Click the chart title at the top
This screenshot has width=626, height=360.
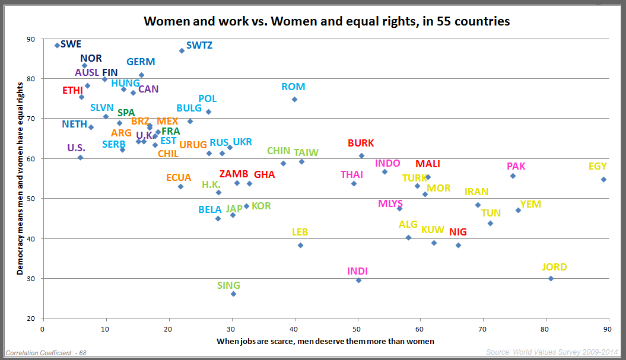click(x=327, y=22)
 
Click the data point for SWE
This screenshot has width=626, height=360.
click(x=57, y=45)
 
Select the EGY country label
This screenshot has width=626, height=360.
click(x=598, y=167)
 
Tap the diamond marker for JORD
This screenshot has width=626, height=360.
click(x=551, y=278)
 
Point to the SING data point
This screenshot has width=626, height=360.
click(x=233, y=294)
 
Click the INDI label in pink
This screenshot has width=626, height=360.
click(x=357, y=272)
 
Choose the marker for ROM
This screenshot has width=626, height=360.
click(x=294, y=99)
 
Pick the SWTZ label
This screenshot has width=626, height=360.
click(x=199, y=45)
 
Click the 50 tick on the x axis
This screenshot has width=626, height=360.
click(x=357, y=327)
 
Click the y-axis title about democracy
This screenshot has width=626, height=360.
click(x=20, y=179)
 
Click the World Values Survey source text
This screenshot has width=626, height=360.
click(x=552, y=352)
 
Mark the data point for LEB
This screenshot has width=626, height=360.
click(x=300, y=245)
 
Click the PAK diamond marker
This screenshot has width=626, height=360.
click(x=513, y=176)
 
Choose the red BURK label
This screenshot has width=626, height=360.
click(x=361, y=143)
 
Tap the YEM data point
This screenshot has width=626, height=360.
click(x=518, y=210)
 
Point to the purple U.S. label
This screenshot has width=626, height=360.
click(x=76, y=148)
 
